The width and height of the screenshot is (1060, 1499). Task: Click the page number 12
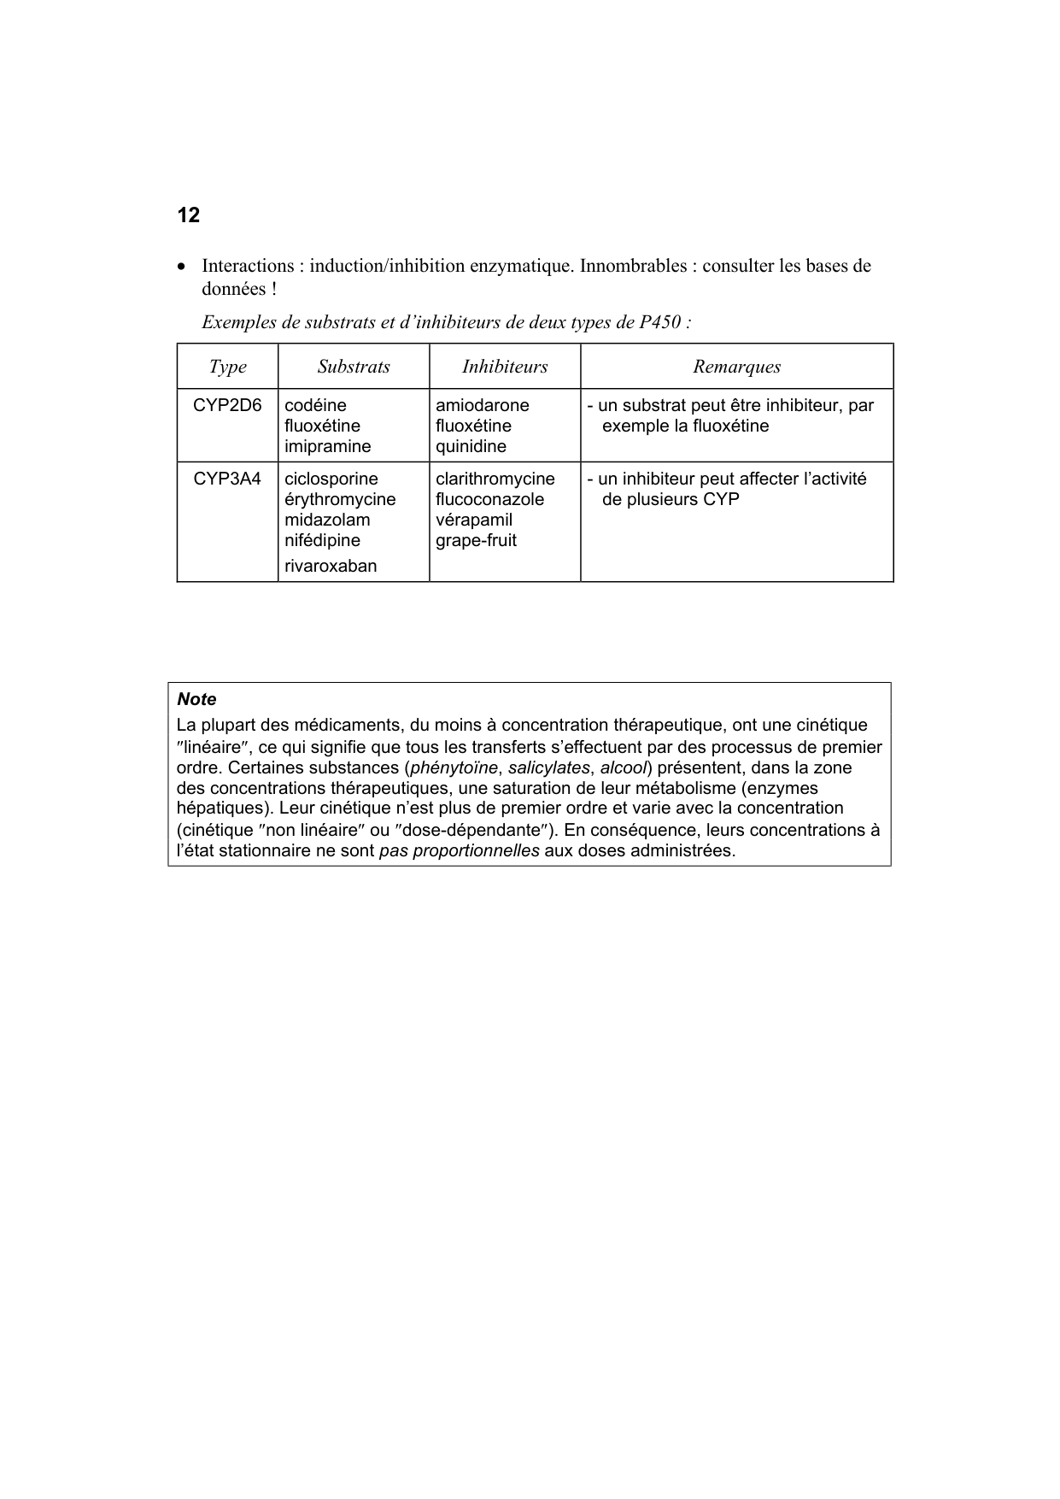(x=188, y=215)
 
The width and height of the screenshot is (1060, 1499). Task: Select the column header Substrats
(x=354, y=367)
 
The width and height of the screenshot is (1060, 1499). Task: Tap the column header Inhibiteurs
(x=505, y=367)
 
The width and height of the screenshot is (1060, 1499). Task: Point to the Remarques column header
(x=736, y=367)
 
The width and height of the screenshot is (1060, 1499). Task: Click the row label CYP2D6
(x=227, y=405)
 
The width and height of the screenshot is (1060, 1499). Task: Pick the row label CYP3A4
(x=227, y=479)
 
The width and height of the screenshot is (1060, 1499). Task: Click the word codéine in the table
(x=315, y=405)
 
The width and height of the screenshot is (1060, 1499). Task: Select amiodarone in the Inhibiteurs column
(x=482, y=405)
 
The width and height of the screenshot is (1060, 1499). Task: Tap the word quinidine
(x=471, y=446)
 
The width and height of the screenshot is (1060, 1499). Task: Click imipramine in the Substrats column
(x=327, y=446)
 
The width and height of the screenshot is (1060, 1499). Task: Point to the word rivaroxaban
(x=331, y=566)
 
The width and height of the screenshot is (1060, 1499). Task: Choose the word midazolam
(x=327, y=520)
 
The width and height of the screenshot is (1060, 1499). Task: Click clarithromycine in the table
(x=495, y=479)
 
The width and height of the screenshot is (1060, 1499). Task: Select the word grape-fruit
(x=476, y=540)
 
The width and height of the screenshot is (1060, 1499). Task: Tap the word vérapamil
(x=473, y=520)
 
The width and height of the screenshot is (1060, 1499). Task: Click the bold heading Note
(x=196, y=699)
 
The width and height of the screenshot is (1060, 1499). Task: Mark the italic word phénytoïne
(x=454, y=767)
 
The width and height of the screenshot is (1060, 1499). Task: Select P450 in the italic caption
(x=659, y=322)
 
